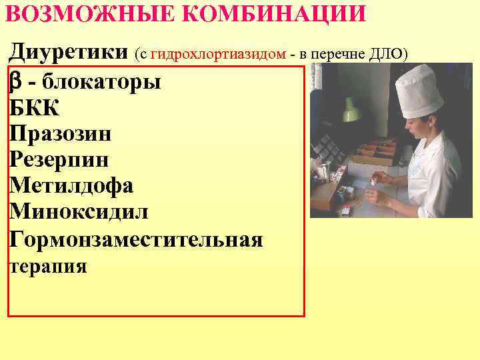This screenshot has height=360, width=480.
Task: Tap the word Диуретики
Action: [x=69, y=51]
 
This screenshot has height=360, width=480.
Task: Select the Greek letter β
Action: [x=17, y=83]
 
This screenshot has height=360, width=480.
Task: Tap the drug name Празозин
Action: [x=61, y=134]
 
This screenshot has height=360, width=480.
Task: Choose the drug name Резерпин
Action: [x=59, y=160]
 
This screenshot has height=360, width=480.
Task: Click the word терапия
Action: [x=48, y=267]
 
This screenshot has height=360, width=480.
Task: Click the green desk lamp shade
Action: [x=351, y=109]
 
